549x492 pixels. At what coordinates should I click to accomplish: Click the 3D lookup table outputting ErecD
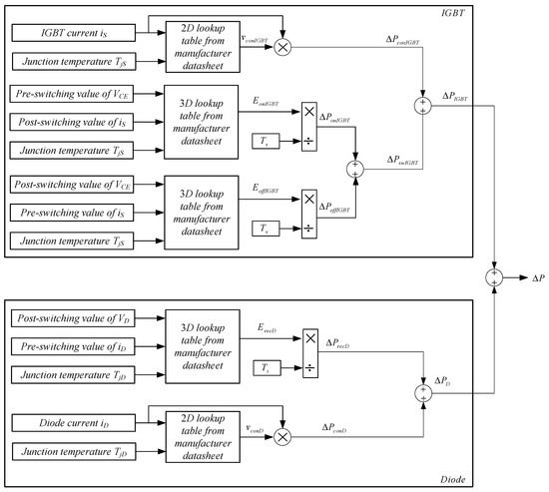pos(196,345)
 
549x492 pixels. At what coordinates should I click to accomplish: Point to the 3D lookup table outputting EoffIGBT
pos(196,213)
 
